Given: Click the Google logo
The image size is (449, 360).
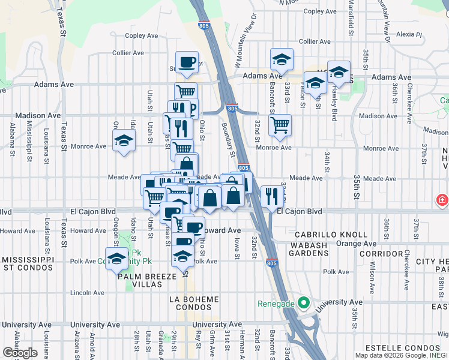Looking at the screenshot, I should click(x=20, y=353).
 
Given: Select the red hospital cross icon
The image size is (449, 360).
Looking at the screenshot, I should click(x=442, y=199).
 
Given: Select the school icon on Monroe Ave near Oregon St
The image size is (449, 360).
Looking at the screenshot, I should click(x=124, y=142).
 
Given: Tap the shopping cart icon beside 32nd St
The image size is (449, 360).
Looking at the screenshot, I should click(x=280, y=125).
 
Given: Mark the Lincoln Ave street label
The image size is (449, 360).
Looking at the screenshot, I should click(x=87, y=293).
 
